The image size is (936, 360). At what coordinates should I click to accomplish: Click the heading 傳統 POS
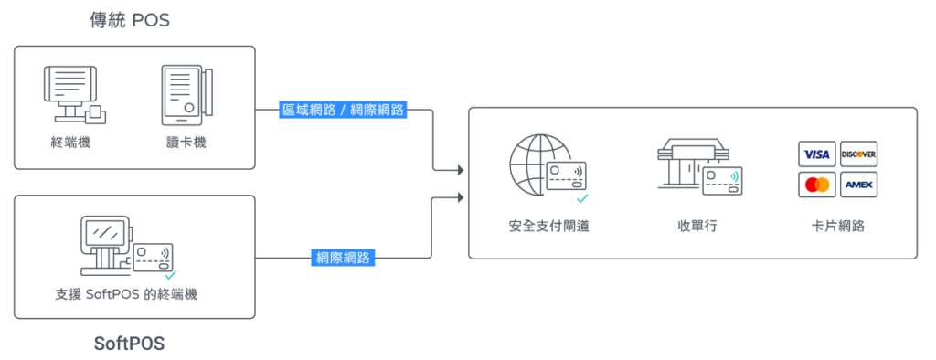click(130, 20)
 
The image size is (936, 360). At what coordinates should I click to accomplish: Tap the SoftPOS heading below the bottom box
click(129, 344)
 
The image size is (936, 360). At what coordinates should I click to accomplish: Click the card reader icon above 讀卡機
click(186, 96)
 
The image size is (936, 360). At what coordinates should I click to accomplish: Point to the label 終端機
click(71, 143)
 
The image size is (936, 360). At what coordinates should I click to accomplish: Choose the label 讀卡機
click(186, 143)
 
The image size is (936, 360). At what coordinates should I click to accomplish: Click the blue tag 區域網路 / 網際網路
click(344, 110)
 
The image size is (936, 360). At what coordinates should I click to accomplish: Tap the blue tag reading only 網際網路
click(344, 258)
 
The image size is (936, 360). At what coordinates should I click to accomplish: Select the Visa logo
click(816, 154)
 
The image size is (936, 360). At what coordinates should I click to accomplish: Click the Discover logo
click(858, 154)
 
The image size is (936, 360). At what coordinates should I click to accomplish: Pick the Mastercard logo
click(816, 185)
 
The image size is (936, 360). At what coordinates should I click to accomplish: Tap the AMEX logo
click(858, 185)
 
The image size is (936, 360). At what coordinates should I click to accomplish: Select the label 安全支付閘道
click(549, 227)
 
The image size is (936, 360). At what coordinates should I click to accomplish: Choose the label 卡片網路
click(837, 227)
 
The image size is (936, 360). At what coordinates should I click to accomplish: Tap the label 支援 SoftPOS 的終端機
click(126, 294)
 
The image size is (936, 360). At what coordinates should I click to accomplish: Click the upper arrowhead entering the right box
click(461, 171)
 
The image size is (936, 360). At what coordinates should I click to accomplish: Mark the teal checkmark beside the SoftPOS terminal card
click(171, 275)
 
